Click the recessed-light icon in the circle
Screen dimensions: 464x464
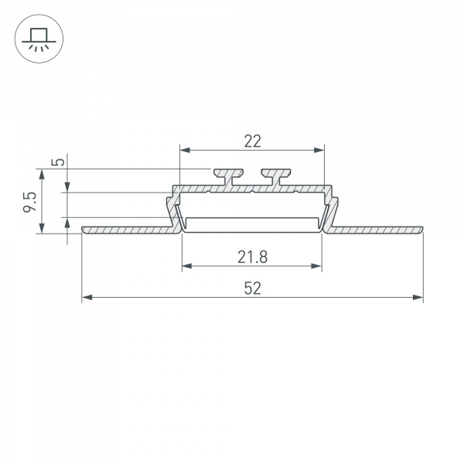click(36, 37)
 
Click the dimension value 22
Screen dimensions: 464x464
click(252, 141)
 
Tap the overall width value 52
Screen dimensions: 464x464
click(252, 288)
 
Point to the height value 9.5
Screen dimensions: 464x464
click(30, 200)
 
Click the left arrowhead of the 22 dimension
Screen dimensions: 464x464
click(183, 150)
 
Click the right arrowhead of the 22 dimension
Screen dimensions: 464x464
click(319, 150)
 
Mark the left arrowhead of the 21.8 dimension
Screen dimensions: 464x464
click(186, 267)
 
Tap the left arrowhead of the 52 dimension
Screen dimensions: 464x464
click(86, 297)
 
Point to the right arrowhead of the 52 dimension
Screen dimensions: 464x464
click(419, 297)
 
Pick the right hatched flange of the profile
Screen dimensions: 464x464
click(379, 230)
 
